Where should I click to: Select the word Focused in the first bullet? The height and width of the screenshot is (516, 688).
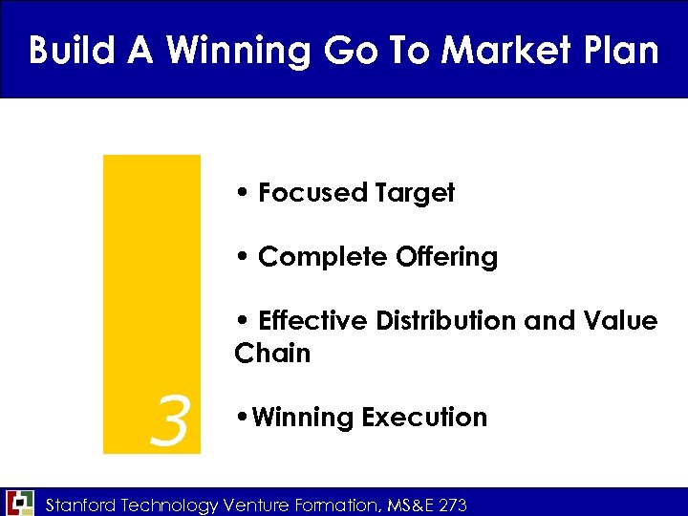pos(312,193)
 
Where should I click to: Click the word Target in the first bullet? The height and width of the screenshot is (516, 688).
pos(415,193)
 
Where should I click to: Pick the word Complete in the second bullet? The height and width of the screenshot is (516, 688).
pos(322,257)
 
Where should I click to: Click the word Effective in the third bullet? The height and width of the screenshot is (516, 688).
pos(314,321)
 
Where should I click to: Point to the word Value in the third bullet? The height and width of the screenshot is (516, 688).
pos(618,321)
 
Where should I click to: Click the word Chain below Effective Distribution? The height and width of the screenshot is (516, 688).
pos(272,354)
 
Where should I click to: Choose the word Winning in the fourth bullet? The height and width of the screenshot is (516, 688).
pos(300,418)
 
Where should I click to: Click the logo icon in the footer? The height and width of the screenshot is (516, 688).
pos(19,503)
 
